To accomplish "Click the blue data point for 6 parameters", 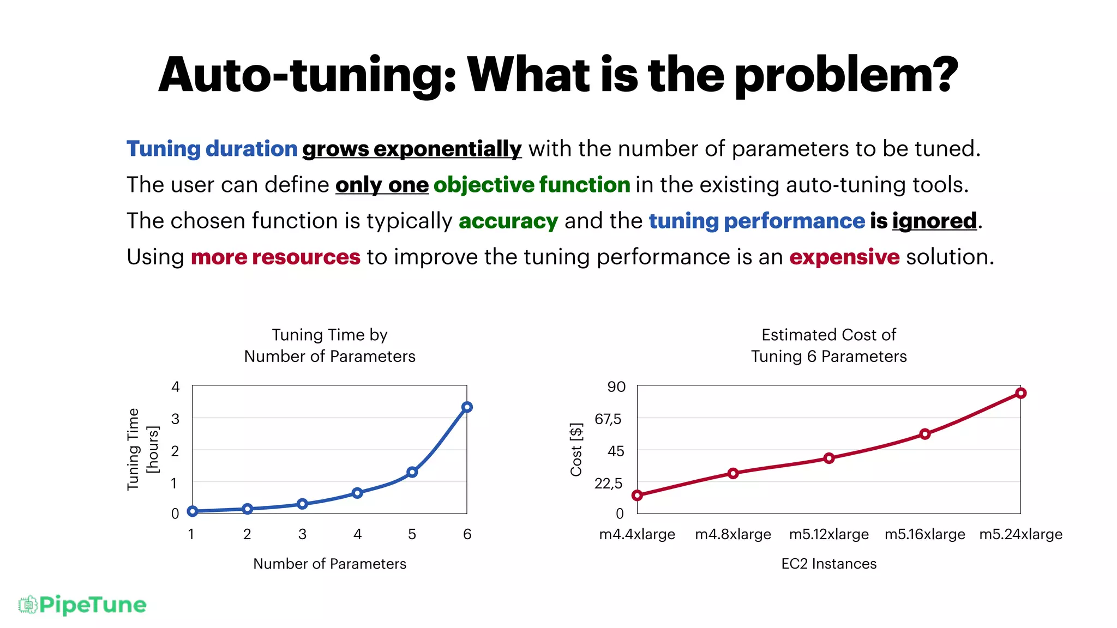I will tap(467, 407).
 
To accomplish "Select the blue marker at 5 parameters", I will tap(412, 472).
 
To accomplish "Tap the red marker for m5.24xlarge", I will tap(1021, 393).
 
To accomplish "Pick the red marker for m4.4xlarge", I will tap(637, 496).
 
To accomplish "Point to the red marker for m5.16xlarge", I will tap(925, 434).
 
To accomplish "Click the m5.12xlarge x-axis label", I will tap(828, 534).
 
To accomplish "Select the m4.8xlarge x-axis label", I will tap(732, 534).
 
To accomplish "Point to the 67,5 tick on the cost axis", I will tap(608, 419).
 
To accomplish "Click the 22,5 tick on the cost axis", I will tap(608, 483).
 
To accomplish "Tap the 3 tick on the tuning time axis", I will tap(175, 419).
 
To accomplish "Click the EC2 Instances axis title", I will tap(828, 564).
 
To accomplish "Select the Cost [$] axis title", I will tap(576, 449).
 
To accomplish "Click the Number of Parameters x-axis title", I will tap(329, 564).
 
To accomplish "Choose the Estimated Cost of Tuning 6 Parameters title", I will tap(828, 345).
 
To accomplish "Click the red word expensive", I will tap(844, 257).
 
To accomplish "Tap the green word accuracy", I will tap(508, 221).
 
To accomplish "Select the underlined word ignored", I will tap(934, 221).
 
